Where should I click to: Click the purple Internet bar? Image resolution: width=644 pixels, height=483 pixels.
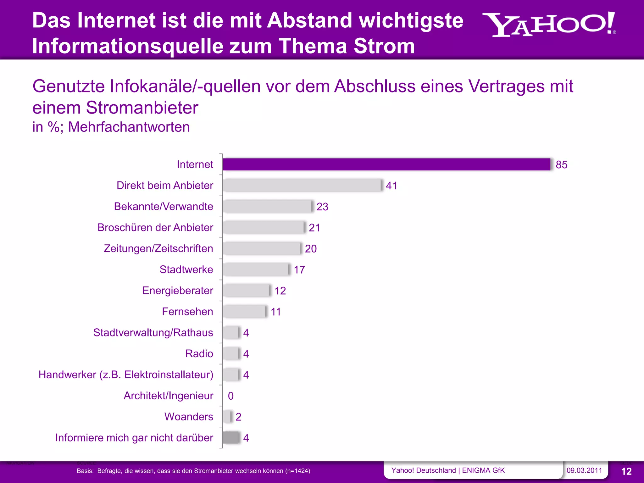coord(386,164)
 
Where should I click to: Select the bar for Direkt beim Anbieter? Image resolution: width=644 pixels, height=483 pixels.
coord(302,186)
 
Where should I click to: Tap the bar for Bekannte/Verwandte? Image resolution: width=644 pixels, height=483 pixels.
coord(267,207)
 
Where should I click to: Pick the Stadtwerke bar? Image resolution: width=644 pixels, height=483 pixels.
coord(255,269)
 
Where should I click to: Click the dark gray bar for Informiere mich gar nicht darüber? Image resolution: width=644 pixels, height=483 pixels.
coord(231,438)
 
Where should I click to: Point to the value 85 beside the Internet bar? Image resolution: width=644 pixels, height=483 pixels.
coord(561,165)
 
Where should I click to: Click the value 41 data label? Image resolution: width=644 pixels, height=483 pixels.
coord(391,186)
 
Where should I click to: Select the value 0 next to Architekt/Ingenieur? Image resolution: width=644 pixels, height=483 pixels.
coord(231,396)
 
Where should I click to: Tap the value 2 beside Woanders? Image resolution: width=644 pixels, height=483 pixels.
coord(238,417)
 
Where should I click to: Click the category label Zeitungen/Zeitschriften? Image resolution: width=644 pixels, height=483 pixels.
coord(158,249)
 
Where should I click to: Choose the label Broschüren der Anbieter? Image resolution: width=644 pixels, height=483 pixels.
coord(155,228)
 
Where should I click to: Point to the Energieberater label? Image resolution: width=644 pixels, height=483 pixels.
coord(177,291)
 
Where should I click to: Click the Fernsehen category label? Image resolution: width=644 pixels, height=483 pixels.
coord(187,312)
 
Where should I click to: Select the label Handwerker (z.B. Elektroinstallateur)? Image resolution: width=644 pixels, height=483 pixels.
coord(126,375)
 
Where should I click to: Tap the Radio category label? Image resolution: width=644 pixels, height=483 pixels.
coord(199,354)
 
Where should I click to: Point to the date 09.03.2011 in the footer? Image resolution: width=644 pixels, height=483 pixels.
coord(584,470)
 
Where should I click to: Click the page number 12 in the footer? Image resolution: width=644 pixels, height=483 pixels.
coord(626,471)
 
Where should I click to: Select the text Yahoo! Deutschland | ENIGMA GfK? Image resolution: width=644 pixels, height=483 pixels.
coord(448,470)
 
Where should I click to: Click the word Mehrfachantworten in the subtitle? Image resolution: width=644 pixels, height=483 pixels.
coord(129,127)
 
